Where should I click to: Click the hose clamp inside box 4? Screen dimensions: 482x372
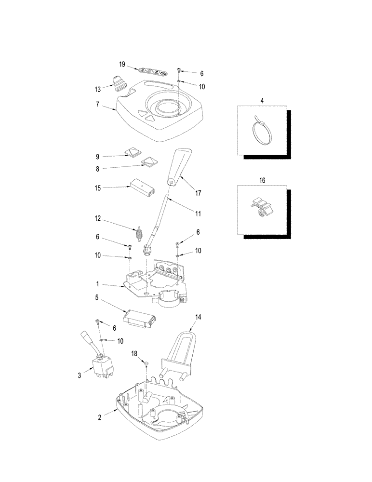pyautogui.click(x=261, y=129)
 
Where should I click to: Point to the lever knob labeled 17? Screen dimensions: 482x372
pyautogui.click(x=180, y=166)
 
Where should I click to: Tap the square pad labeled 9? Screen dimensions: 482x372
pyautogui.click(x=131, y=152)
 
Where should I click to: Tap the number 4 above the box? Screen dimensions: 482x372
pyautogui.click(x=262, y=101)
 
